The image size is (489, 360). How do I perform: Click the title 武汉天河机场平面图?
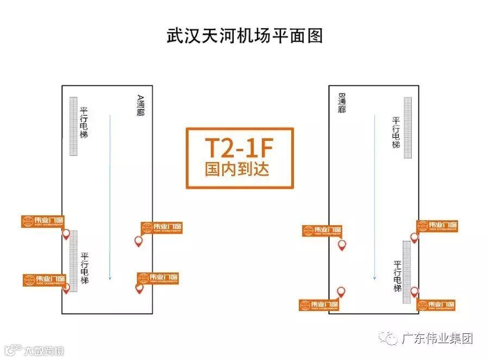coord(244,36)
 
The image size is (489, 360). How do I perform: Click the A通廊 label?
coord(141,105)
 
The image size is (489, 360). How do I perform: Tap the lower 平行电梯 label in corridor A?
coord(85,268)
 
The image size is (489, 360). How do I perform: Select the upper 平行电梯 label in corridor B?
coord(396,133)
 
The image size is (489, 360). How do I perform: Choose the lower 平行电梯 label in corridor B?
coord(396,276)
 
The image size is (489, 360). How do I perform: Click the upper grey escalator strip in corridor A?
coord(74,126)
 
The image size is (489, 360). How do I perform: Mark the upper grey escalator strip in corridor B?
coord(407,127)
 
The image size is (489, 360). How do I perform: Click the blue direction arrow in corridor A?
coord(110,196)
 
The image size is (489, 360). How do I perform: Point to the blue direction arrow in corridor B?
coord(374,196)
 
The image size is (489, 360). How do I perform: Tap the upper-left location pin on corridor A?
coord(66,234)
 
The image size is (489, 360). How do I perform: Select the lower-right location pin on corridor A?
coord(140,289)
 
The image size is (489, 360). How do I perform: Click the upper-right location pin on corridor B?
coord(414,238)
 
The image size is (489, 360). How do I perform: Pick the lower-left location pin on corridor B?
coord(341,292)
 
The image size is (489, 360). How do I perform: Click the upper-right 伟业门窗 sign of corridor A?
coord(161,228)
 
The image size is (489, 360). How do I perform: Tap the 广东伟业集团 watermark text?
coord(437,338)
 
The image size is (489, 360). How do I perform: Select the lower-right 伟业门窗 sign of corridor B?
coord(436,305)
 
